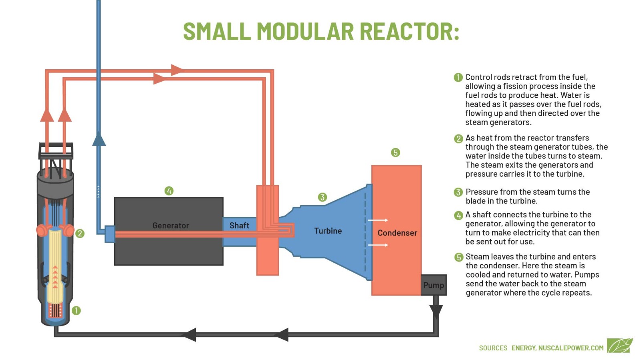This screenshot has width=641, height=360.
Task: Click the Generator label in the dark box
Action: point(171,226)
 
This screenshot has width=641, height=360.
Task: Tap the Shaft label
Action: point(239,226)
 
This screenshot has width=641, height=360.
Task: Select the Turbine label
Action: point(328,231)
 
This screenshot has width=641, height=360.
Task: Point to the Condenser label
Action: point(397,233)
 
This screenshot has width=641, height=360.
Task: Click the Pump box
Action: point(433,285)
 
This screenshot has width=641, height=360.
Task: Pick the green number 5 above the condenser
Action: point(395,153)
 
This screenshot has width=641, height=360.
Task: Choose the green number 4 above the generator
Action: point(169,191)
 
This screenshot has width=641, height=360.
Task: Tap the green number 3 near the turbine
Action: point(323,197)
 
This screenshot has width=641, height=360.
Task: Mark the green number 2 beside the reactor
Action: point(80,233)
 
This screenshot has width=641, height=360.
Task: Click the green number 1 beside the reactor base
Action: point(76,310)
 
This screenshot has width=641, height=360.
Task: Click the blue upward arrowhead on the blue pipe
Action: point(99,139)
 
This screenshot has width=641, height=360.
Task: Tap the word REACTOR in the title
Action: point(409,31)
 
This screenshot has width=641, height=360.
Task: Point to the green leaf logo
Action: point(619,346)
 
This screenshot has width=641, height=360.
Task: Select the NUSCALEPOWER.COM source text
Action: point(571,348)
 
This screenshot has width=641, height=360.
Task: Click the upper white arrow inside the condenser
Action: point(378,220)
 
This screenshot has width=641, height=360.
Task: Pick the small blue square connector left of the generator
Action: point(110,234)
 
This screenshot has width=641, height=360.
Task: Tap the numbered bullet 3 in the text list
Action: point(458,192)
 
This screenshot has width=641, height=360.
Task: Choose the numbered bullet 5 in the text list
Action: point(459,257)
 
